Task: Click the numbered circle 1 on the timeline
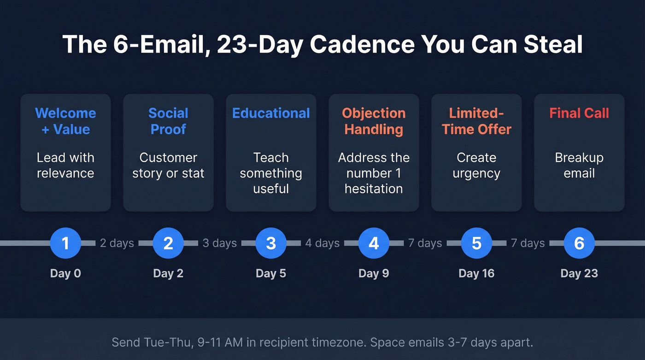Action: coord(65,243)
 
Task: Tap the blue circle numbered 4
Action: coord(374,243)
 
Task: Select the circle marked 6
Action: coord(579,243)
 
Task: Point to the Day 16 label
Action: coord(476,273)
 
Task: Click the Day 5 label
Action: coord(271,273)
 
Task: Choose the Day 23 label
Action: coord(579,273)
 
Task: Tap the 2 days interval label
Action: coord(117,243)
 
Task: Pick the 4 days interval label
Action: coord(322,243)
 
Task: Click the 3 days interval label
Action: coord(220,243)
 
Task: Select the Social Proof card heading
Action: coord(168,121)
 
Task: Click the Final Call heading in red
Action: coord(579,113)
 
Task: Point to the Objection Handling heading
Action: coord(374,121)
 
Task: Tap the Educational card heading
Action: coord(271,113)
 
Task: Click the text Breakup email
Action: coord(579,165)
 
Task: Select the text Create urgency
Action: coord(476,165)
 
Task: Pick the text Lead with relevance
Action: coord(65,165)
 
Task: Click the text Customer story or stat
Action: coord(168,165)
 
